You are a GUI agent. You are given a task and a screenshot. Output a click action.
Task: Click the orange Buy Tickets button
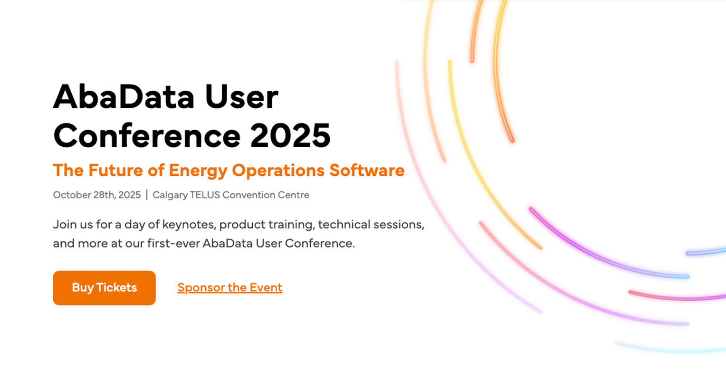[x=104, y=288]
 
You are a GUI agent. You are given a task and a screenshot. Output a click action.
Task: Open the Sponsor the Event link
[x=229, y=287]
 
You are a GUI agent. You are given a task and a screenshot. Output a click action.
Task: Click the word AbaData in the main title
[x=124, y=96]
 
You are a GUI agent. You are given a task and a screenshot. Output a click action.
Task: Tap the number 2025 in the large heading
[x=290, y=135]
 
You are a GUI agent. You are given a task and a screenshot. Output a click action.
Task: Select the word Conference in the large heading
[x=147, y=135]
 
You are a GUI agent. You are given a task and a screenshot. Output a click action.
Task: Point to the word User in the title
[x=241, y=96]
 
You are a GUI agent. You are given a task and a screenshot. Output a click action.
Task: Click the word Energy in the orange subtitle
[x=198, y=170]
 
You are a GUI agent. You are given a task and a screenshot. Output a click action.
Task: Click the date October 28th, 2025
[x=97, y=195]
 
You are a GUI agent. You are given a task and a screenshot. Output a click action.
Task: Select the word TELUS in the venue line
[x=205, y=195]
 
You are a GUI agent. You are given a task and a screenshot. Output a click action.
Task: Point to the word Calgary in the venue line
[x=170, y=195]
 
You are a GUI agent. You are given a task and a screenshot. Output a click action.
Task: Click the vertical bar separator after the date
[x=147, y=195]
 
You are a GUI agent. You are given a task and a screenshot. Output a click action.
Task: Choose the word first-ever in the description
[x=173, y=243]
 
